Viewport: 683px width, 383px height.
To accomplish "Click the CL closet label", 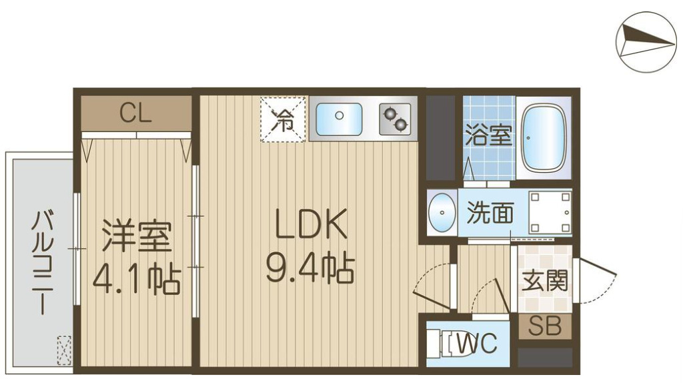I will [136, 113].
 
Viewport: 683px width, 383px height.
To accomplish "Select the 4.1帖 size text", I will [136, 280].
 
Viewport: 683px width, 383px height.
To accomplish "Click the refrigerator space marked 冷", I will [283, 120].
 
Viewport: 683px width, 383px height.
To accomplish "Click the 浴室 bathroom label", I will [488, 137].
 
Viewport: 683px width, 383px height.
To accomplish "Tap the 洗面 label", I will [490, 213].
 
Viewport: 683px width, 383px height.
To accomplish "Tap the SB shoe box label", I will [545, 326].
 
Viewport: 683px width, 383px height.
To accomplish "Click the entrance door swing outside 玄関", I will [596, 280].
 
